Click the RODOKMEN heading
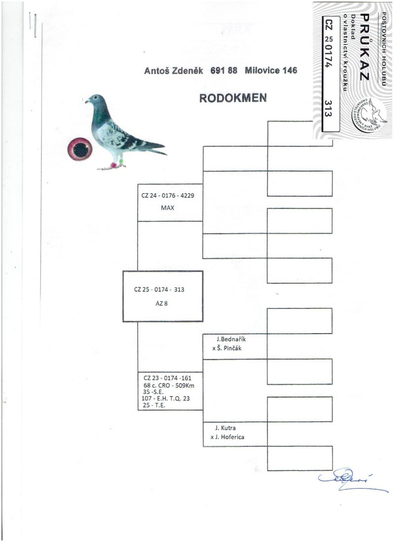pos(233,98)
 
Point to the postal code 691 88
pos(224,70)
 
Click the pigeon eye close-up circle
pos(80,148)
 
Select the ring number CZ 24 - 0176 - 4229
pos(167,196)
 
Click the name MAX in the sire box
pos(167,207)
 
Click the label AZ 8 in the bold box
pos(162,304)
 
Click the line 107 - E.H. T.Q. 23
pos(165,399)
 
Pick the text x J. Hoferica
pos(230,437)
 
